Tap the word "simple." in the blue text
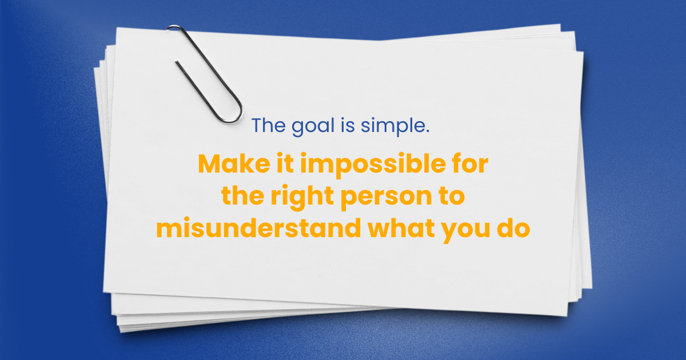[x=395, y=126]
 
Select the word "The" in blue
[x=269, y=125]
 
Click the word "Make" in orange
[x=234, y=164]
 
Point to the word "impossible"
[x=373, y=166]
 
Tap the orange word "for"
[x=470, y=164]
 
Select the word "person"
[x=386, y=198]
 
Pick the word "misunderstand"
[x=258, y=227]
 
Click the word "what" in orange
[x=401, y=227]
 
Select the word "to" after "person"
[x=452, y=196]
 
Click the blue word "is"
[x=348, y=125]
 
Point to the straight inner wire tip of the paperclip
[x=177, y=62]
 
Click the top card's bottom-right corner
[x=567, y=316]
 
